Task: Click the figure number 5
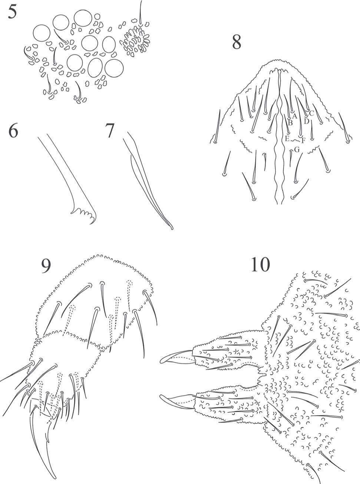(12, 13)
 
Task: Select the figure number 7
(110, 131)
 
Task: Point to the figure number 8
(237, 42)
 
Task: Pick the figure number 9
(46, 266)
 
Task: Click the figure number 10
(260, 264)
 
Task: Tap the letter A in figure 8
(294, 116)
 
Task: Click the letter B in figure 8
(290, 123)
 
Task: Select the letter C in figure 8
(311, 113)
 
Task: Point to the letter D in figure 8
(307, 121)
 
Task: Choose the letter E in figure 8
(287, 138)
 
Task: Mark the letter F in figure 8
(303, 141)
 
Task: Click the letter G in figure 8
(297, 150)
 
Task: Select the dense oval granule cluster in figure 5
(136, 42)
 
